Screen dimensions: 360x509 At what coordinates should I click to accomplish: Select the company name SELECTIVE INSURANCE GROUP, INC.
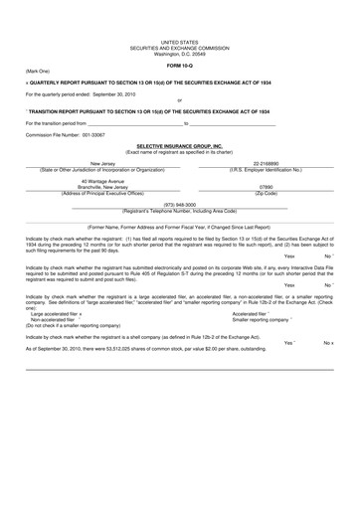pyautogui.click(x=179, y=143)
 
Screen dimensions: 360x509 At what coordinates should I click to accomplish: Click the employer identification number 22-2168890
pyautogui.click(x=266, y=162)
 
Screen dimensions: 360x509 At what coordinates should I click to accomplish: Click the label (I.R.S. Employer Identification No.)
pyautogui.click(x=266, y=168)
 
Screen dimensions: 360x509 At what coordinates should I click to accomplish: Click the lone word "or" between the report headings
pyautogui.click(x=179, y=101)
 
